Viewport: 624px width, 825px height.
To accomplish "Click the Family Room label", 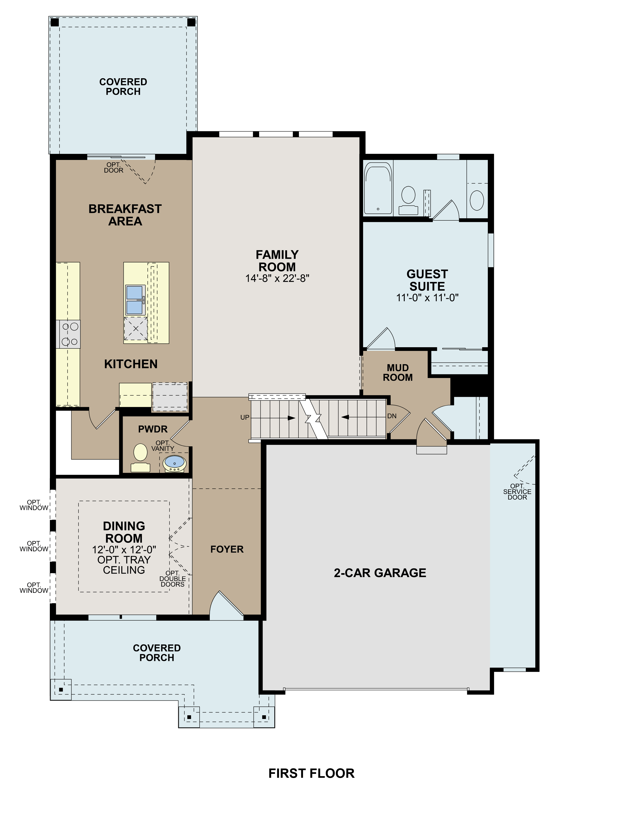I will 277,261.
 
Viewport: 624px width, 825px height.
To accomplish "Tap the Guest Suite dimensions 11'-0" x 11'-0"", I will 427,298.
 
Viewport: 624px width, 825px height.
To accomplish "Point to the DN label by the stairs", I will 392,416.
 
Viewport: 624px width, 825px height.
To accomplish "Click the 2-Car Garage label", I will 380,572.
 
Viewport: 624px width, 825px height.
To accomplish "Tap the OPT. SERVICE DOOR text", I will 517,492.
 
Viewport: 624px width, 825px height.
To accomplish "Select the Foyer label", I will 227,549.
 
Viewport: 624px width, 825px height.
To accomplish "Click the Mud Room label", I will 398,373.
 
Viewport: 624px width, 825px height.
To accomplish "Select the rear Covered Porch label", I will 123,87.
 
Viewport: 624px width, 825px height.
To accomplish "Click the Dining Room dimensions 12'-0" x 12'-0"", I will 124,549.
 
